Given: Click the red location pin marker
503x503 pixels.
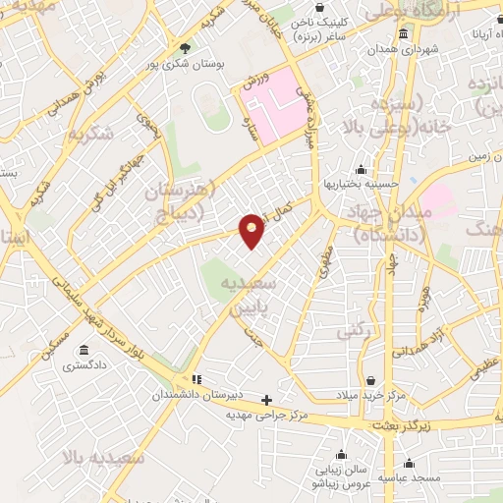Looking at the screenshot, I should click(x=252, y=231).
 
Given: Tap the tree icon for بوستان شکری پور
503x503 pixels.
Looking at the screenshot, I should click(x=186, y=46).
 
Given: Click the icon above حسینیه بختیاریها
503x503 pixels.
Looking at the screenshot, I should click(x=362, y=169).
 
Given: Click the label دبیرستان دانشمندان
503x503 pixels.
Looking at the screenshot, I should click(x=196, y=394).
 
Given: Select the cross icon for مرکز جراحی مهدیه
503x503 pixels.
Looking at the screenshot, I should click(x=267, y=400).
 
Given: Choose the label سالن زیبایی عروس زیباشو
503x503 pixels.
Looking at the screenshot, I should click(x=339, y=477).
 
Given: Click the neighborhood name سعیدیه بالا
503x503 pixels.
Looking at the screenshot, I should click(x=102, y=458).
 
